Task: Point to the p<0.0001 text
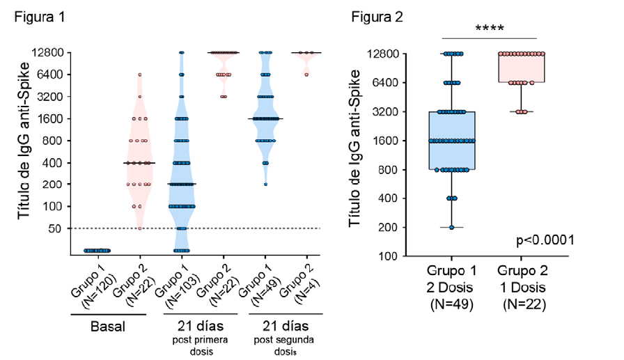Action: coord(545,240)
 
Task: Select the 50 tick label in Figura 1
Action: coord(56,228)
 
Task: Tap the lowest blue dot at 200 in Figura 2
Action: coord(451,227)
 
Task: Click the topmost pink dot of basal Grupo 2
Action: coord(139,75)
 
